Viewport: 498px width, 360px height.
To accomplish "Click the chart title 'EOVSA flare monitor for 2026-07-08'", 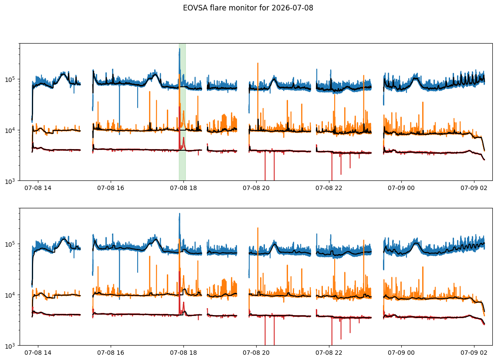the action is (248, 8).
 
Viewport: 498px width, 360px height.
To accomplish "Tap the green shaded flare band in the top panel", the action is (182, 112).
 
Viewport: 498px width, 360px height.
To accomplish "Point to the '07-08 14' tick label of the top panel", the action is (38, 188).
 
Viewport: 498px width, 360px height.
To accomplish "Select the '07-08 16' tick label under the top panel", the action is (111, 188).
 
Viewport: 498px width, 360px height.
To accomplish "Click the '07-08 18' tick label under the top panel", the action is (183, 188).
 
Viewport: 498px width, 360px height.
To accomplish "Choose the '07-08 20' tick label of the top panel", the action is (256, 188).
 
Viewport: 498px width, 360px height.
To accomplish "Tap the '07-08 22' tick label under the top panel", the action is (329, 188).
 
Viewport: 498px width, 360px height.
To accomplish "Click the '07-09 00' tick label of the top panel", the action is (401, 188).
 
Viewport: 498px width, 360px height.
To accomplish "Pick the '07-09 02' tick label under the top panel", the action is (474, 188).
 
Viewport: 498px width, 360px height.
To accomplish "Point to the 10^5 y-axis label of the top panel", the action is (11, 79).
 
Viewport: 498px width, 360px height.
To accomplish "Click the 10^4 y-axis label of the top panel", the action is (11, 130).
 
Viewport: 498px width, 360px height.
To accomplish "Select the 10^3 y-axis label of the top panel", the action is (11, 181).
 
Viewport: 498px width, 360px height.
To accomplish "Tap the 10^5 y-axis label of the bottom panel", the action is (11, 244).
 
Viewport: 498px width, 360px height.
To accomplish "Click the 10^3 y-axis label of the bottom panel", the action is (11, 345).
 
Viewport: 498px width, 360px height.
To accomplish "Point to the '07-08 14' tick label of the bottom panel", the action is (38, 353).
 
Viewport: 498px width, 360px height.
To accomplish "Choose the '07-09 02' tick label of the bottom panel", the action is (474, 353).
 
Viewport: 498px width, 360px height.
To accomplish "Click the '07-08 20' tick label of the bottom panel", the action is (256, 353).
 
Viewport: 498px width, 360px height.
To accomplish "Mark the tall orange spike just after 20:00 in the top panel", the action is (257, 95).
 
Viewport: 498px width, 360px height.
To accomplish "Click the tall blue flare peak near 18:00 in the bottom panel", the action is (180, 229).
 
